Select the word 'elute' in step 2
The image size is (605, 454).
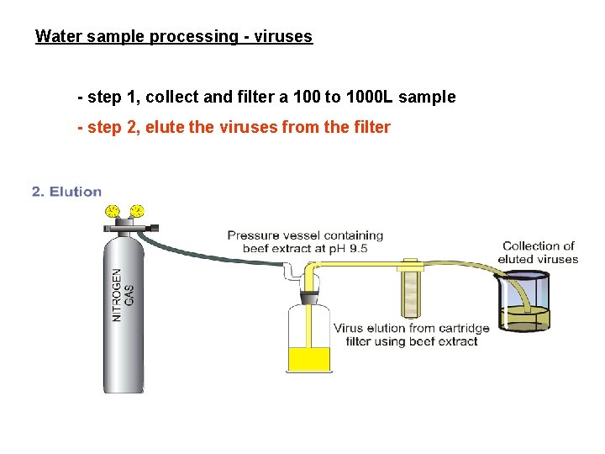click(x=168, y=128)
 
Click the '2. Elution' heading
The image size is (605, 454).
click(x=66, y=192)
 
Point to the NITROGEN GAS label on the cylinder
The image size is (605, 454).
click(x=123, y=294)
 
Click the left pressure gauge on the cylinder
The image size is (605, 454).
click(x=112, y=210)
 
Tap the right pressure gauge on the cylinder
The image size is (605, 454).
click(x=136, y=210)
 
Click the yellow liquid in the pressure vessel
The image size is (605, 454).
click(x=310, y=359)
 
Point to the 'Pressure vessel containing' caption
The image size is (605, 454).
click(x=305, y=235)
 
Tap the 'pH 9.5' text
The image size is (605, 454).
click(x=348, y=248)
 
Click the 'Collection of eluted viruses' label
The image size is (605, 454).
click(x=538, y=252)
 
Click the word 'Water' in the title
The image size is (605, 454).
click(x=55, y=37)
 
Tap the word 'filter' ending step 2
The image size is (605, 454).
click(x=372, y=128)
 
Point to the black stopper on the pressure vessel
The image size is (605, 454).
click(x=309, y=297)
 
